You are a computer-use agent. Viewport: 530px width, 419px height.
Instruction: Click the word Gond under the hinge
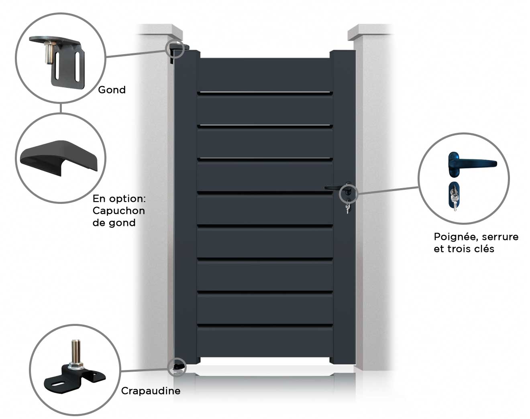112,90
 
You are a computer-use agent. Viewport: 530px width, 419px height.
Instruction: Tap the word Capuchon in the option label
118,211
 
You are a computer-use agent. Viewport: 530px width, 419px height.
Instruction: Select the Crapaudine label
151,391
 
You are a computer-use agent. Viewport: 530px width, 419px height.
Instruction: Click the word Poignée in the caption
452,237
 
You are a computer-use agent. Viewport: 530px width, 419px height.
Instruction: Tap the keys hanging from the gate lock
347,208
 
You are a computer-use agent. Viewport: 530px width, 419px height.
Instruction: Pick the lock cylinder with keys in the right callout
453,197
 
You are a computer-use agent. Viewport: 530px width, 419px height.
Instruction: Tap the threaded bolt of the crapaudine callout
75,351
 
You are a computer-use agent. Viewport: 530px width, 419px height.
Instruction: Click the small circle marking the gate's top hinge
175,49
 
